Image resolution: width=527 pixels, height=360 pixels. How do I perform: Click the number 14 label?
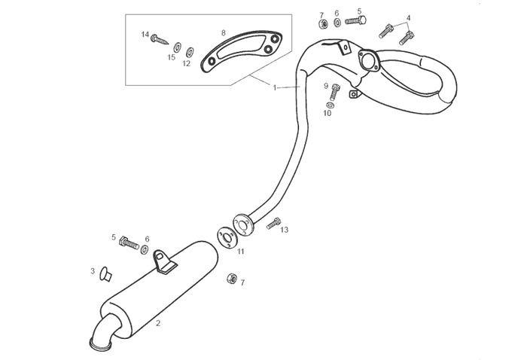tap(145, 35)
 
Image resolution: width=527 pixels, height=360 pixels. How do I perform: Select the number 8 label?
tap(224, 32)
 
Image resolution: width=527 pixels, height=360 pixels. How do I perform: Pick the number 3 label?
tap(93, 270)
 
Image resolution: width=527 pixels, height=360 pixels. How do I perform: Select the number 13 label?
tap(285, 230)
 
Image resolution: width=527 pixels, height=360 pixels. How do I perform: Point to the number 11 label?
tap(241, 252)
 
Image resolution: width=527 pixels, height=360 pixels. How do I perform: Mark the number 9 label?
tap(326, 86)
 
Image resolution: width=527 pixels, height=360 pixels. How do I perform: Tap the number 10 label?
tap(327, 114)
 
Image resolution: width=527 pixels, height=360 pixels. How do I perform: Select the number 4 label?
tap(409, 17)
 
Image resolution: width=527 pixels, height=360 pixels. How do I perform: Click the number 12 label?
tap(186, 64)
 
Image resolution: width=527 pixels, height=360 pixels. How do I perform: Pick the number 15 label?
tap(172, 57)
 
